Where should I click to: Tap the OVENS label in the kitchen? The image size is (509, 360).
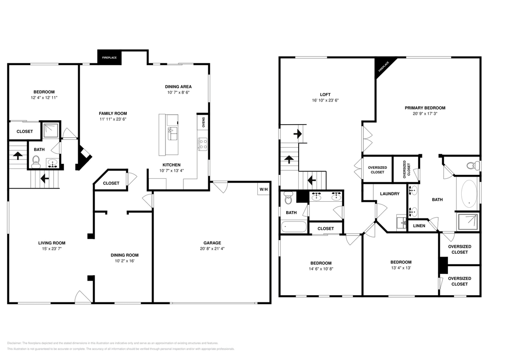pos(203,122)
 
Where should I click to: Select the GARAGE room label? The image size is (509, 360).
pos(212,243)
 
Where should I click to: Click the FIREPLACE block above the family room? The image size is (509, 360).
pos(110,58)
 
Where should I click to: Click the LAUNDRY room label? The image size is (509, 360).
pos(390,194)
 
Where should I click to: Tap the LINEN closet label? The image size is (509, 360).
pos(419,226)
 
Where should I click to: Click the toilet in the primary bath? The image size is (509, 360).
pos(471,165)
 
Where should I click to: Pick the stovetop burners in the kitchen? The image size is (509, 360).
pos(203,144)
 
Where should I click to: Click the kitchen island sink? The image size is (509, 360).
pos(172,133)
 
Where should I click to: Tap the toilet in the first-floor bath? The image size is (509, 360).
pos(36,161)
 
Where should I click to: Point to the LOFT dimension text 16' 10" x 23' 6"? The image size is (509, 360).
pos(325,101)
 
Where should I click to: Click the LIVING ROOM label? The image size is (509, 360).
pos(53,243)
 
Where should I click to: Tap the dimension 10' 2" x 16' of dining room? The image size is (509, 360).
pos(123,261)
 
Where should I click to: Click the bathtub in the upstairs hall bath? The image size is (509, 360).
pos(294,226)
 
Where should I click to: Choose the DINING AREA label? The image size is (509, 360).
pos(178,87)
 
